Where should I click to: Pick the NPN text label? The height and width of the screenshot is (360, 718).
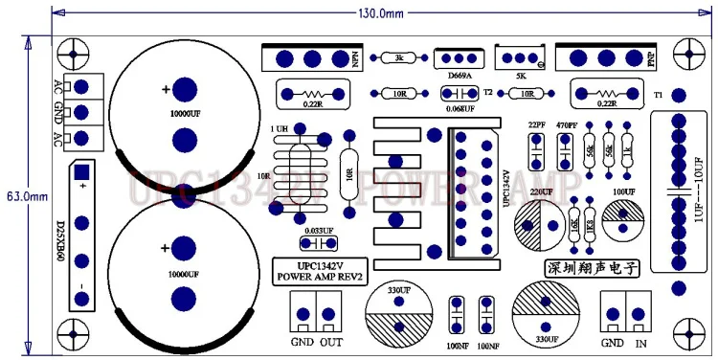click(x=355, y=58)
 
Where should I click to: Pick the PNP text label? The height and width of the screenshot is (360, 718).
click(x=651, y=58)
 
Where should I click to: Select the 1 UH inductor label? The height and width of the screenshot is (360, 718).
click(x=280, y=128)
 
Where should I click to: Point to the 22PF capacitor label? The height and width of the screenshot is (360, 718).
click(x=536, y=125)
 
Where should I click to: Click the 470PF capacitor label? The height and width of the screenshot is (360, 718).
click(x=566, y=125)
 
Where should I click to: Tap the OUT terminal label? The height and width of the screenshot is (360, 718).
click(x=331, y=342)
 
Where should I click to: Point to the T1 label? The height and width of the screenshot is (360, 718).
click(x=658, y=96)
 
